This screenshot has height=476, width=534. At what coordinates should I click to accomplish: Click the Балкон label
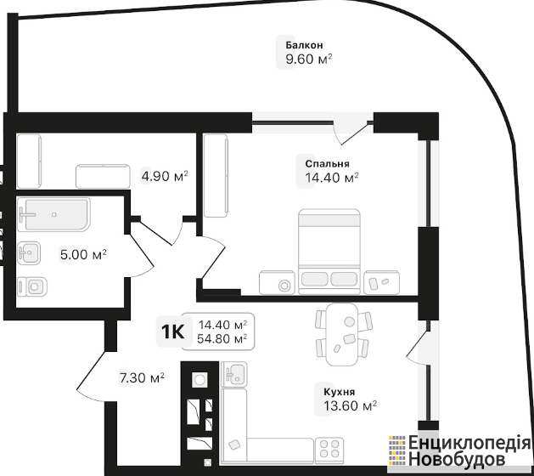(x=304, y=45)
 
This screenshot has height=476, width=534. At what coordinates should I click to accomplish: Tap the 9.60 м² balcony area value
(x=309, y=59)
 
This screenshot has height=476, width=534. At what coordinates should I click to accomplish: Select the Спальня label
(x=327, y=164)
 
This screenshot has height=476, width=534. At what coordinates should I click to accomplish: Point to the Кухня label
(x=340, y=392)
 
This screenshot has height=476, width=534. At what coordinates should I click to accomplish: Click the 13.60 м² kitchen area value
(x=350, y=405)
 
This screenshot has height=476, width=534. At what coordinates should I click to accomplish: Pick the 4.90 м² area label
(x=165, y=177)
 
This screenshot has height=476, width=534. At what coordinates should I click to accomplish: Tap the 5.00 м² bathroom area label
(x=83, y=254)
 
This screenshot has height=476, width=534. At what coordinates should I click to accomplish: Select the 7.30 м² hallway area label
(x=142, y=377)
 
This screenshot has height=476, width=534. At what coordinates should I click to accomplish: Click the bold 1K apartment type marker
(x=172, y=331)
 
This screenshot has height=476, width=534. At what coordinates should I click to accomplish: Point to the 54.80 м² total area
(x=222, y=339)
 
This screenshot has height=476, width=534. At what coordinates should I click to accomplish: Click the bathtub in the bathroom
(x=54, y=214)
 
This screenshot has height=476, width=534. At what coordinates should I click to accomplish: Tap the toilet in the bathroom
(x=32, y=286)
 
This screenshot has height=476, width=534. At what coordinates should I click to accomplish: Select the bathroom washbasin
(x=29, y=252)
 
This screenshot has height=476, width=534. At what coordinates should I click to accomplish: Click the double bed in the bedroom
(x=329, y=252)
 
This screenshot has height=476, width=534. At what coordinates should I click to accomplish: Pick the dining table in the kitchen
(x=342, y=335)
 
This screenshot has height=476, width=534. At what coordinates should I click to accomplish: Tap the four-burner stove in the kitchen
(x=329, y=449)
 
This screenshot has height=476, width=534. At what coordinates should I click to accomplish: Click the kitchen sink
(x=234, y=374)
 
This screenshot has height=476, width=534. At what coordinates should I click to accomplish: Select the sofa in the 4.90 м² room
(x=103, y=176)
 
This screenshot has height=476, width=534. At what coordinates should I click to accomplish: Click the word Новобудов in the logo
(x=457, y=459)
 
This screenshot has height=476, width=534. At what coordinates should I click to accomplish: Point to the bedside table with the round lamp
(x=277, y=282)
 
